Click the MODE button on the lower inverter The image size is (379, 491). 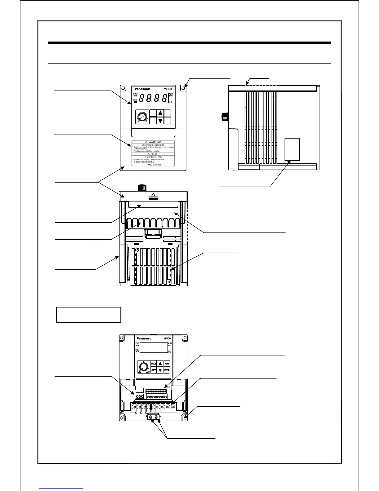pos(154,363)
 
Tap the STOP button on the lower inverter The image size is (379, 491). pos(167,370)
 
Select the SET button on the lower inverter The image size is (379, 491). pos(154,370)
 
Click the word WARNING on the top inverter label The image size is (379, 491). pos(155,142)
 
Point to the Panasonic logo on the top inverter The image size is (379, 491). pos(142,89)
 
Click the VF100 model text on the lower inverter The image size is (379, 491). pos(167,338)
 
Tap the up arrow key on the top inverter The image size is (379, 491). pos(160,113)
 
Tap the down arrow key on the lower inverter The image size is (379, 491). pos(160,370)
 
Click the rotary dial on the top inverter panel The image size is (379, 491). pos(142,117)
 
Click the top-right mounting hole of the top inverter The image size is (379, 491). pos(183,88)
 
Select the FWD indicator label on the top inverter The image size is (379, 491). pos(135,94)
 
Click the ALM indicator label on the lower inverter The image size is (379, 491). pos(170,344)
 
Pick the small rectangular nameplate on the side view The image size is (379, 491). pos(292,149)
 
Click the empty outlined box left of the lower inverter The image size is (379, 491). pos(88,315)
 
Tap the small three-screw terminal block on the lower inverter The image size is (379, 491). pos(140,396)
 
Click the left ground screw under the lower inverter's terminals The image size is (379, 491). pos(151,417)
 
